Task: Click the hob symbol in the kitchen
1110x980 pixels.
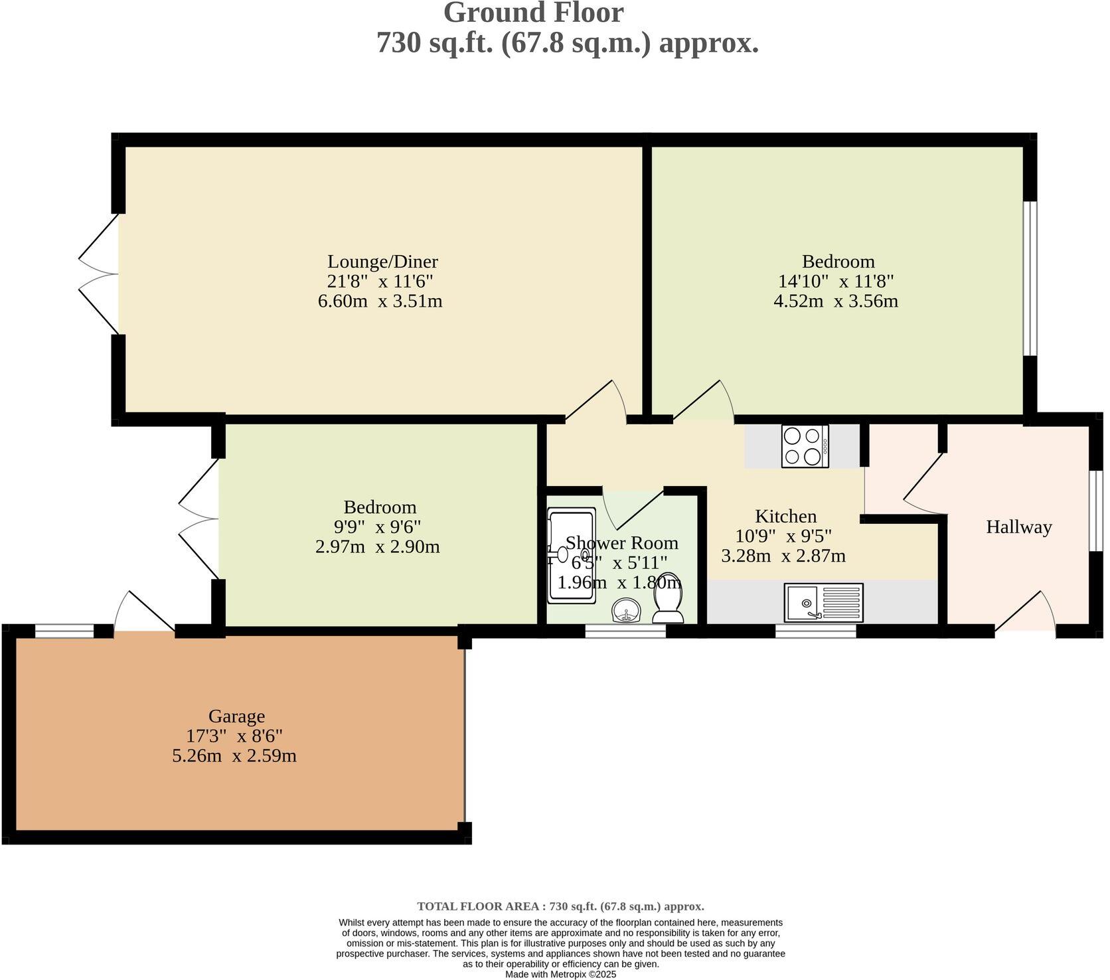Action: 805,446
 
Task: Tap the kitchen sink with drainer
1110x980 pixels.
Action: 823,603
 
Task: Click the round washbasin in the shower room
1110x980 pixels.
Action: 626,611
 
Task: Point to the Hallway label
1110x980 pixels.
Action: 1018,527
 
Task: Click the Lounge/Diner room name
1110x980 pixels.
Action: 382,261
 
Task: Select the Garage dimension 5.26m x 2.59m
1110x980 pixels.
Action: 234,756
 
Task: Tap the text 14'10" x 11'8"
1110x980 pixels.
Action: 836,281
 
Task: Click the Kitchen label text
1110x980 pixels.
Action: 785,516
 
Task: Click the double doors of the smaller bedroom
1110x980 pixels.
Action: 199,518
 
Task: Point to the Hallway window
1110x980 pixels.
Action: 1095,511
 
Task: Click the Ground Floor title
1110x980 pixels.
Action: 533,13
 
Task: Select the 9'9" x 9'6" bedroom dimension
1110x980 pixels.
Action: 377,527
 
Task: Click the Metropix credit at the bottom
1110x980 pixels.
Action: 560,975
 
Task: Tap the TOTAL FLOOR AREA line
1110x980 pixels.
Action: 560,906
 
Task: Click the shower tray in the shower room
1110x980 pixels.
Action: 571,556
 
